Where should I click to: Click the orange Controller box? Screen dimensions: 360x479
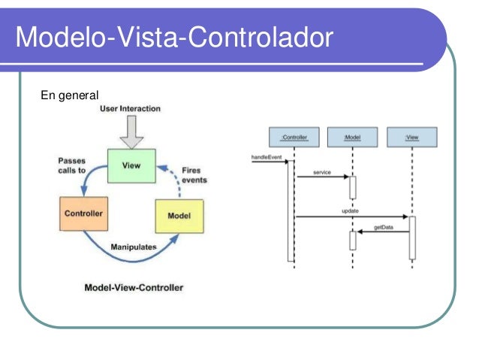click(83, 214)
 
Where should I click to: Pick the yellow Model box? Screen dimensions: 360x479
click(179, 216)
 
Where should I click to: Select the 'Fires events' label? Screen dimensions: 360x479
click(193, 174)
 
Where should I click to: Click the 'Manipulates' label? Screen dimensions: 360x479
click(133, 247)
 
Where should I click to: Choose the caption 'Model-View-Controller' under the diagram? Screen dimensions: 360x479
click(134, 287)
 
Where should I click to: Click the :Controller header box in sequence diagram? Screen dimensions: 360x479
click(294, 137)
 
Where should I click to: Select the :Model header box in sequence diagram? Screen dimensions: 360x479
click(352, 137)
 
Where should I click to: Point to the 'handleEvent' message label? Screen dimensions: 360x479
click(266, 156)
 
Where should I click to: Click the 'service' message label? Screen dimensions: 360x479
click(323, 173)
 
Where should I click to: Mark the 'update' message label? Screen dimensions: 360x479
click(350, 212)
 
